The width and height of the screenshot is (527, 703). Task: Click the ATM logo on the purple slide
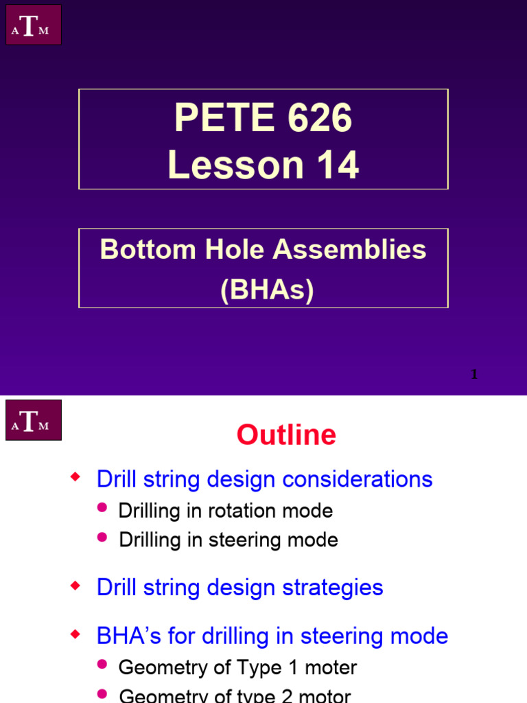pyautogui.click(x=34, y=25)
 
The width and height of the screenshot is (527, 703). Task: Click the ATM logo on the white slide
pyautogui.click(x=34, y=420)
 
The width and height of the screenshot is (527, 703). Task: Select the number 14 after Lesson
pyautogui.click(x=335, y=165)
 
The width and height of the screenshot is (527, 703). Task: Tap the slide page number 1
pyautogui.click(x=474, y=375)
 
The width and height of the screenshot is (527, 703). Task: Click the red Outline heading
pyautogui.click(x=286, y=435)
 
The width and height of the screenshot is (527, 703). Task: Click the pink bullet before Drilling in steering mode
pyautogui.click(x=103, y=536)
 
